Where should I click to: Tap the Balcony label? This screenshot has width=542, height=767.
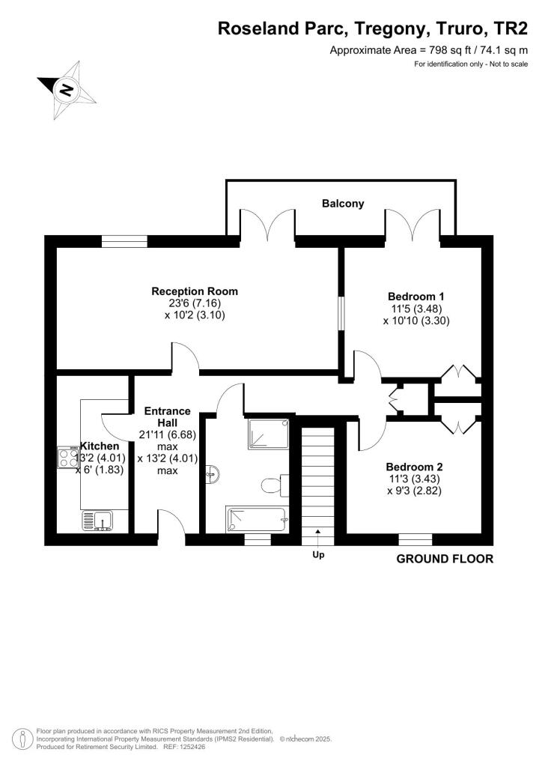point(343,203)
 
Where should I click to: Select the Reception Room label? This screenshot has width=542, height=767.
point(195,291)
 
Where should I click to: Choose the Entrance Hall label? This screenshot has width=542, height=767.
point(167,417)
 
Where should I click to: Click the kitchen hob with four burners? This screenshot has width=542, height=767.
point(67,458)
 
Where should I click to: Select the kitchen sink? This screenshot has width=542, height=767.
point(98,520)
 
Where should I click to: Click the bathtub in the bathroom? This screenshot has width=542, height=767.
point(255,519)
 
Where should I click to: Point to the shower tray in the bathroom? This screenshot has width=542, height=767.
point(269,433)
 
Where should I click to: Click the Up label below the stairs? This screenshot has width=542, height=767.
point(317,556)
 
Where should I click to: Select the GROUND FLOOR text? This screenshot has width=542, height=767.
point(444,559)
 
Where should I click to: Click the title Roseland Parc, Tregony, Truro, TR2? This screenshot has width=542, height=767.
point(373,29)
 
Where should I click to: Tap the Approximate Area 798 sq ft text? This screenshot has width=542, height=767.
point(429,50)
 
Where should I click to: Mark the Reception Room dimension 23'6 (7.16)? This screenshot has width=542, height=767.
point(195,304)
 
